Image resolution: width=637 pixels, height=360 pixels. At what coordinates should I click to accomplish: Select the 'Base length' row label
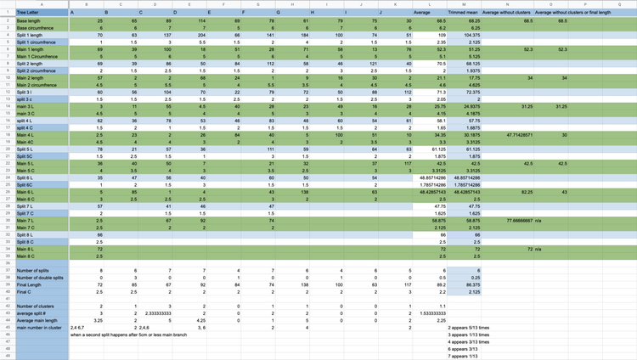tap(31, 20)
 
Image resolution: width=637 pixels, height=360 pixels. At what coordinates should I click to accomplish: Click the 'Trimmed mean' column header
tap(462, 13)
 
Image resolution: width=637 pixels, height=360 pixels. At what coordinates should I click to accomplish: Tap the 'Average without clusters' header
tap(506, 13)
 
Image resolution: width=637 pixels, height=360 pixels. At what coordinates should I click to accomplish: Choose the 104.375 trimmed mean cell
tap(461, 35)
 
